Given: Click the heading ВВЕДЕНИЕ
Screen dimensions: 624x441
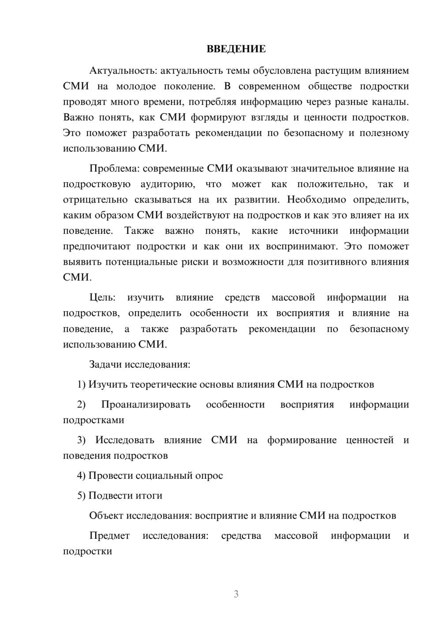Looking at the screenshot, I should [236, 49].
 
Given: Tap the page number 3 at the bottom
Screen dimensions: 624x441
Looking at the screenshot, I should [236, 594].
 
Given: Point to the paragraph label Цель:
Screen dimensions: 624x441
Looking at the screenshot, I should [102, 297].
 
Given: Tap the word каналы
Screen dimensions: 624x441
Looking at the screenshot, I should [391, 101].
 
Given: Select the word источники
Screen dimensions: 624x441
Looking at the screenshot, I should [314, 231].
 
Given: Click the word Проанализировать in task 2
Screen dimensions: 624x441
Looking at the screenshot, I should [146, 404].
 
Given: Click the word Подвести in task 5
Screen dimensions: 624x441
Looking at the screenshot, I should [108, 496].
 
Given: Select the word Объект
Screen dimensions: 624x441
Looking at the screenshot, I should [106, 515].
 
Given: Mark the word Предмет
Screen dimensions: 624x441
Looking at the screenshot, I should [109, 536].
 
